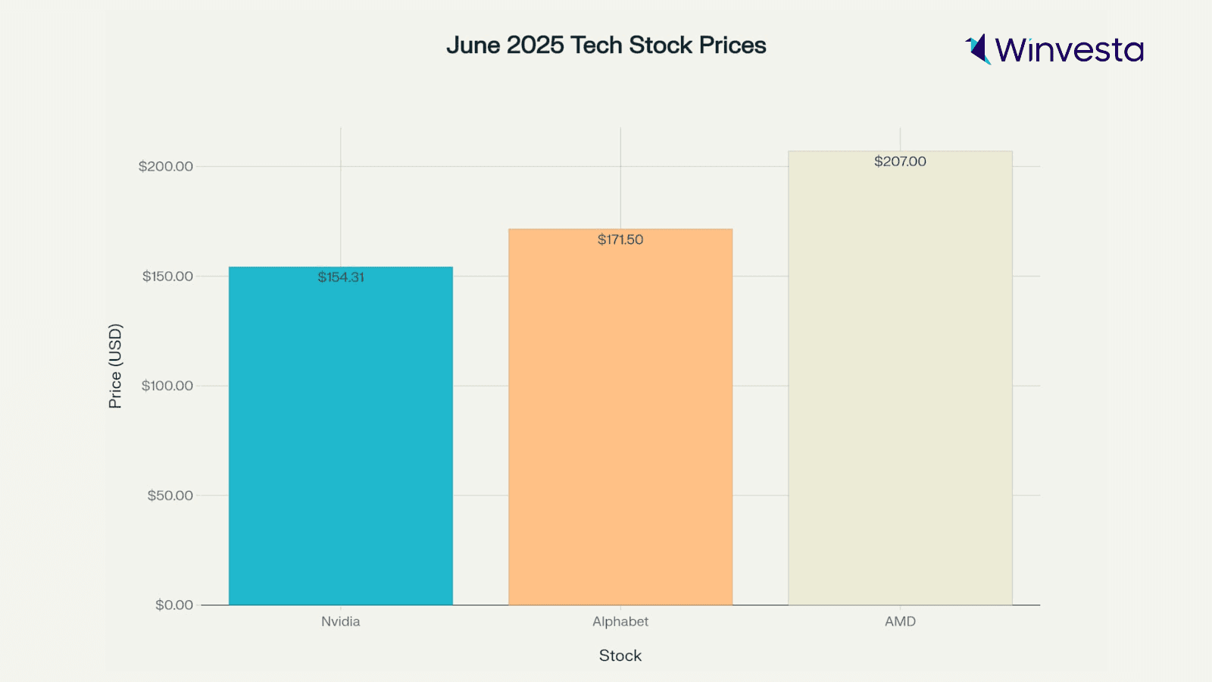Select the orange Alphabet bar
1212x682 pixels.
620,417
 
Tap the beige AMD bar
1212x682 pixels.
900,379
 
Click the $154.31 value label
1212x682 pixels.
341,277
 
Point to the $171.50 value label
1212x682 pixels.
620,239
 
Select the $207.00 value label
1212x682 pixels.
900,161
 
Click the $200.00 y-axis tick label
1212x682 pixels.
165,167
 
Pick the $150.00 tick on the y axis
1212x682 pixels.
167,277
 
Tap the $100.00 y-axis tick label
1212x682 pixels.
167,386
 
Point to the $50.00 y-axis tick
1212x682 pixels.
170,496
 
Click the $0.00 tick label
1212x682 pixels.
174,605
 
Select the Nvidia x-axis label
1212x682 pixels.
341,621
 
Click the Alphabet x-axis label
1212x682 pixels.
620,621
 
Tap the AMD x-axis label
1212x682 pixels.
900,621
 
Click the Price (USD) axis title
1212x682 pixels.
115,366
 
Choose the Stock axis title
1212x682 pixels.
620,655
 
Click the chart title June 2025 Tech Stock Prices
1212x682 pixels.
606,45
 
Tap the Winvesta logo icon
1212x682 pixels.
978,49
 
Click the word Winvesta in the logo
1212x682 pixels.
1069,50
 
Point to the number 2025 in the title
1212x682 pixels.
536,45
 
